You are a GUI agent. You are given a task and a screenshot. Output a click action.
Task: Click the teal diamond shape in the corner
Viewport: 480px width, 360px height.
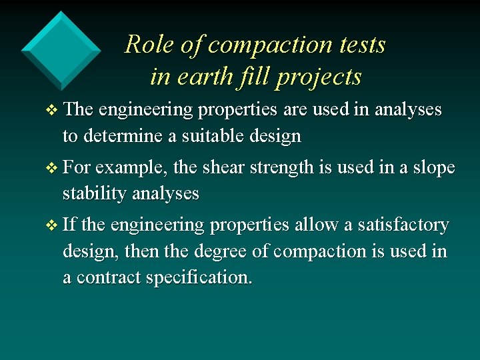pos(61,50)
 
